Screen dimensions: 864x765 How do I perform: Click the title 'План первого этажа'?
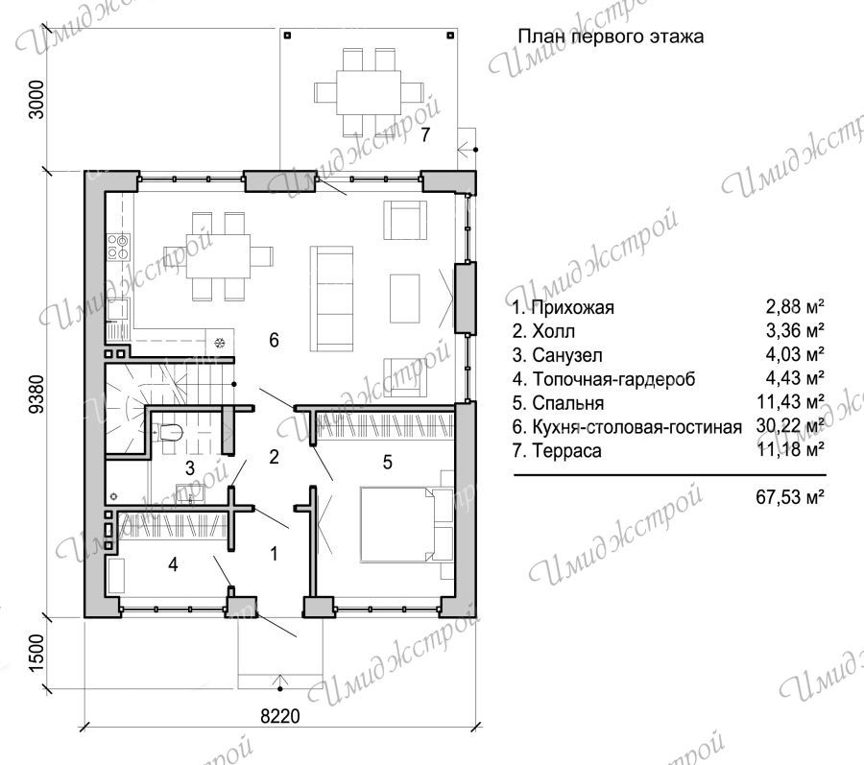click(x=611, y=36)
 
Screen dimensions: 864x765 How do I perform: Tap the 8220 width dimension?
click(x=280, y=716)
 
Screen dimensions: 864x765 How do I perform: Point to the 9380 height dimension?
click(x=36, y=394)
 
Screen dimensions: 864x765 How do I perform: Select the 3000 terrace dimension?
click(x=36, y=99)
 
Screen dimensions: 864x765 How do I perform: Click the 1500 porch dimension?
click(x=36, y=653)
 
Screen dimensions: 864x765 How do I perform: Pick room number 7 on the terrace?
click(x=425, y=134)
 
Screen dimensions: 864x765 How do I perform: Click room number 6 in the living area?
click(x=274, y=340)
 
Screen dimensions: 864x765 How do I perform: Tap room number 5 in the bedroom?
click(x=388, y=462)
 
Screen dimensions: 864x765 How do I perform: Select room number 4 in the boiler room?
click(x=173, y=564)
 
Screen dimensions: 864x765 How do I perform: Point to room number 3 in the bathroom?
click(x=189, y=468)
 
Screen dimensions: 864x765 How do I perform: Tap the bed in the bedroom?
click(x=407, y=523)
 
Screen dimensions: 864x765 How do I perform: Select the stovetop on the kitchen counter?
click(x=118, y=246)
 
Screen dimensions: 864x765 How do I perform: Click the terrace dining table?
click(x=369, y=91)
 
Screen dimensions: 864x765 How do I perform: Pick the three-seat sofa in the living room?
click(x=332, y=299)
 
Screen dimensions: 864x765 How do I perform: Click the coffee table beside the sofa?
click(x=404, y=299)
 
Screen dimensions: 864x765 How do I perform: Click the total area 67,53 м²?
click(x=790, y=497)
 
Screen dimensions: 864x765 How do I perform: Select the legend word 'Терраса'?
click(x=566, y=450)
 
